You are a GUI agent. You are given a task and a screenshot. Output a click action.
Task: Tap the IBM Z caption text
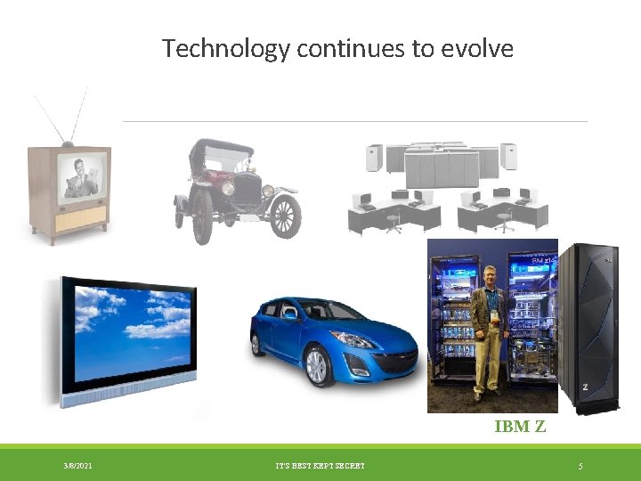tap(520, 427)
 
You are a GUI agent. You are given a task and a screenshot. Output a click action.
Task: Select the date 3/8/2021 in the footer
tap(77, 466)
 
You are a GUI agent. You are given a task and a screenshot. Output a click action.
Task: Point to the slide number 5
tap(580, 466)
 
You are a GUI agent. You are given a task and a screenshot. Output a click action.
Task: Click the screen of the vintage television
tap(85, 175)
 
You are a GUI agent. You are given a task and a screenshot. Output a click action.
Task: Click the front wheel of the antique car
tap(286, 216)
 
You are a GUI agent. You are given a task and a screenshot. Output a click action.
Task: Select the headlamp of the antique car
tap(229, 189)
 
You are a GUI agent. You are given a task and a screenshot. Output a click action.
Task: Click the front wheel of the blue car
tap(317, 365)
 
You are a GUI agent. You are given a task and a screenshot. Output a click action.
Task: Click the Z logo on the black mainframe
tap(585, 387)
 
